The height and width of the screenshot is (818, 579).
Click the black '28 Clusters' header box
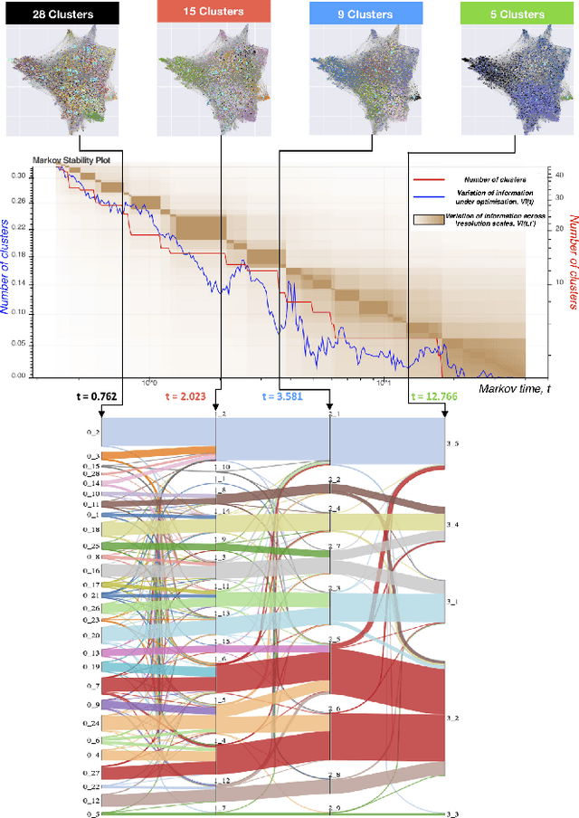[x=61, y=14]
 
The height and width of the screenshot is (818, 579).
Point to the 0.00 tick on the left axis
[x=19, y=375]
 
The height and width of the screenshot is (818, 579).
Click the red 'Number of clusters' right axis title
[x=571, y=263]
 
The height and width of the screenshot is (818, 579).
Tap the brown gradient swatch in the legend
[x=425, y=220]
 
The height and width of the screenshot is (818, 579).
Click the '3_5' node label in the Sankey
[x=453, y=444]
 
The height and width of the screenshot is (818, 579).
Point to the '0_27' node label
[x=91, y=772]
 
